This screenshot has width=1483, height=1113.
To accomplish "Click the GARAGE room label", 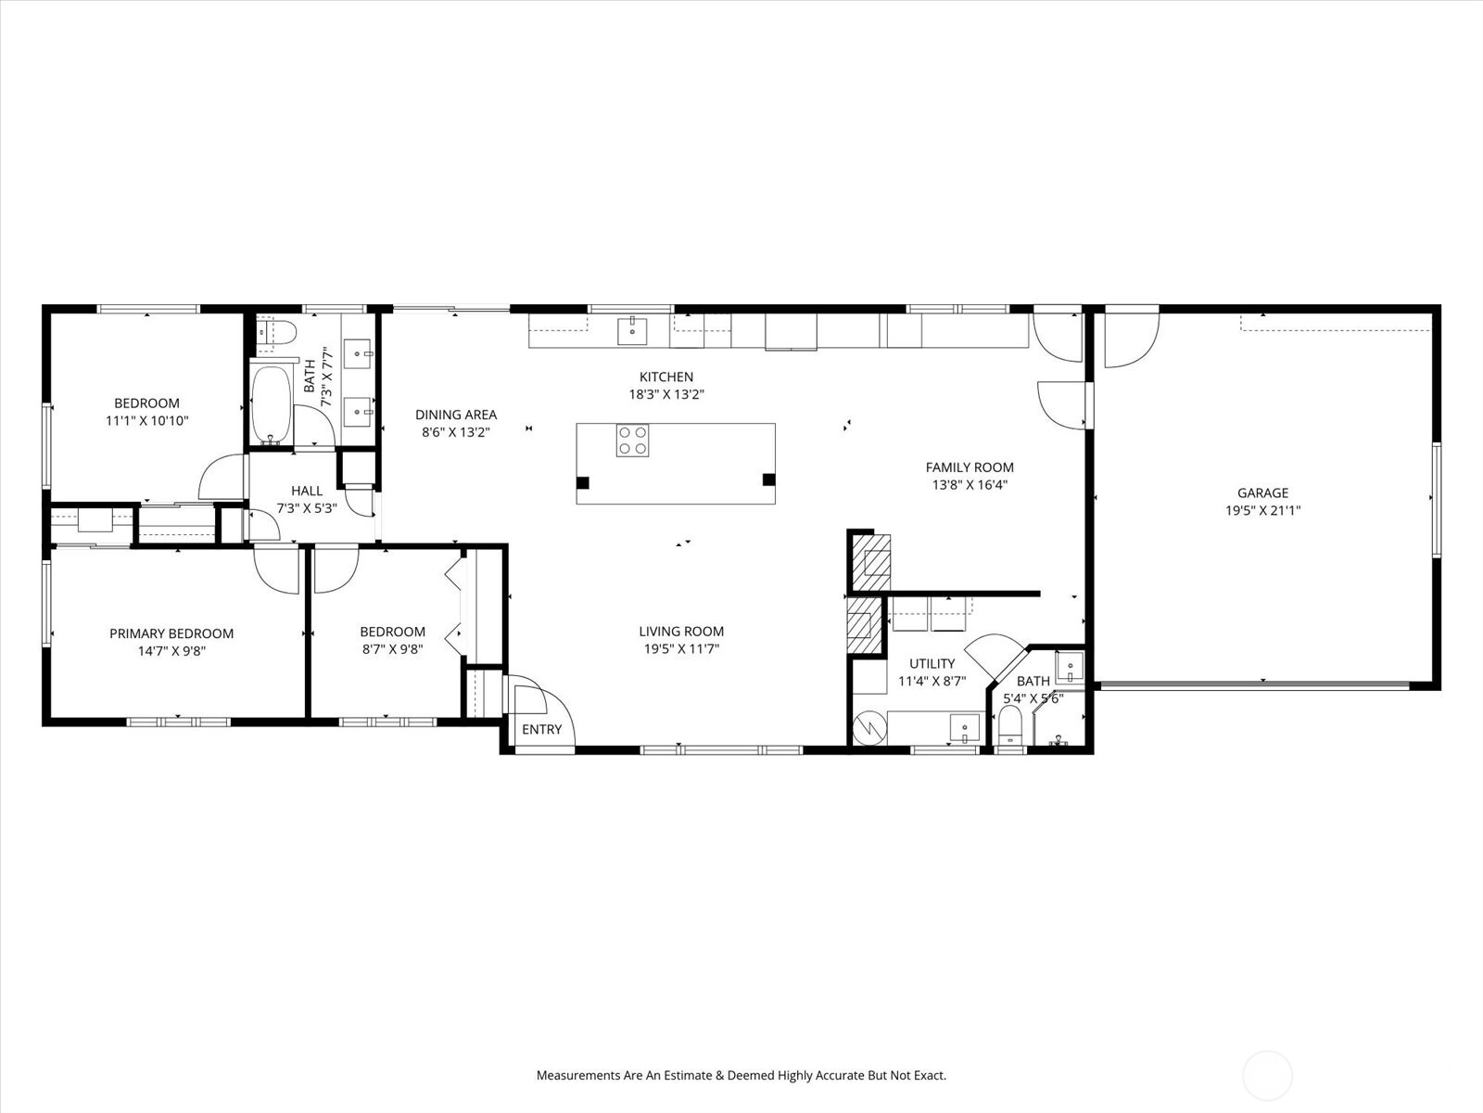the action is tap(1262, 493).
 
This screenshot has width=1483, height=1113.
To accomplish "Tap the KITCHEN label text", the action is tap(666, 377).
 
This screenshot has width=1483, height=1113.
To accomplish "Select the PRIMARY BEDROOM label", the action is tap(171, 633).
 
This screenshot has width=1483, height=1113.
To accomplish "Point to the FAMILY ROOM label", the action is tap(970, 467).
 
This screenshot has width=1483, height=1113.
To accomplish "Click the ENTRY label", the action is tap(542, 730).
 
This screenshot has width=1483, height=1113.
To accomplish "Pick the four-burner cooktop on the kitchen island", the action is tap(632, 441).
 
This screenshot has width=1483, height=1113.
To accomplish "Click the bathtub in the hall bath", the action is tap(271, 404).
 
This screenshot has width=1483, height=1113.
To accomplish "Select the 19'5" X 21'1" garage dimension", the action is tap(1262, 511).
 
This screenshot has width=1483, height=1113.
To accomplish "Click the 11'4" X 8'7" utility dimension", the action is tap(932, 681).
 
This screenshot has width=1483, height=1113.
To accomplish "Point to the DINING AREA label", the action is tap(456, 415).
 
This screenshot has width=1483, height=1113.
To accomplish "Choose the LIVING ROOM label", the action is tap(681, 632).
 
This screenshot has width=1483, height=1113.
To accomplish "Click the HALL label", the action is tap(307, 492).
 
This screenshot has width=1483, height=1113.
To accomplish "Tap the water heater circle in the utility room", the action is tap(869, 728).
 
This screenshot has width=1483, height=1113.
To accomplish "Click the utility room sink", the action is tap(965, 728).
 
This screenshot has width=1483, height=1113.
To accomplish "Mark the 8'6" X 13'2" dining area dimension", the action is tap(456, 432).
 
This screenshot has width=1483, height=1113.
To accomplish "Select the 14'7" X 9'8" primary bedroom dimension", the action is tap(171, 651).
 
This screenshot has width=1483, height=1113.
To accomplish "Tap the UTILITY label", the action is tap(932, 663).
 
